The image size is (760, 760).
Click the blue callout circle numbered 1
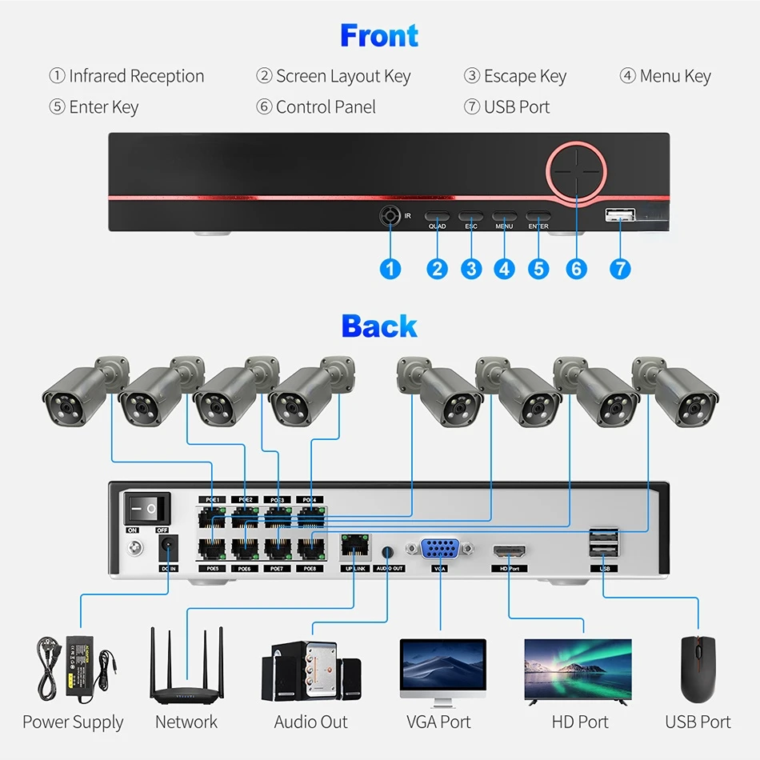click(x=390, y=269)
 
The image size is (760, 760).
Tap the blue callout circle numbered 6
click(x=577, y=269)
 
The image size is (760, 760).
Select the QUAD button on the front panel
click(x=437, y=216)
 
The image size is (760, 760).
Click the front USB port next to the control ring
click(x=620, y=214)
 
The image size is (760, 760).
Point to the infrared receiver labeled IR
click(x=390, y=216)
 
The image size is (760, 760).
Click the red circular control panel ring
click(x=577, y=170)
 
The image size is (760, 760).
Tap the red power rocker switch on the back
click(x=147, y=508)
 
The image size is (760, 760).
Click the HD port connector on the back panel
click(x=509, y=551)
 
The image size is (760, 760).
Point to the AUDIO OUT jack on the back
click(x=389, y=552)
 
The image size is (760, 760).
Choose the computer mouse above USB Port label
click(x=698, y=668)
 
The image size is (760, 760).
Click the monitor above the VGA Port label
click(x=442, y=669)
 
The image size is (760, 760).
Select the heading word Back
click(x=379, y=326)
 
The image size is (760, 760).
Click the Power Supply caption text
click(x=73, y=722)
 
